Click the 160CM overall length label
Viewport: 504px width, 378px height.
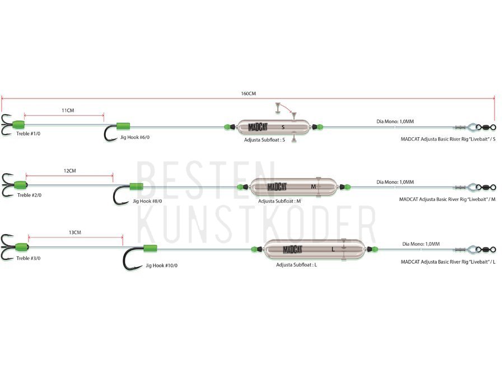click(249, 94)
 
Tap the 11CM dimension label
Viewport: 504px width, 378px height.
click(68, 110)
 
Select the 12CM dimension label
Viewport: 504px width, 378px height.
click(70, 171)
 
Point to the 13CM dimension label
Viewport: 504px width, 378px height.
click(75, 232)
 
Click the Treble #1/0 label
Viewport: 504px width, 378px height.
click(29, 134)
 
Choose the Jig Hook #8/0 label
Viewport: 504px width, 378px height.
click(147, 201)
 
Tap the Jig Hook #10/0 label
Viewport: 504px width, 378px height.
click(161, 265)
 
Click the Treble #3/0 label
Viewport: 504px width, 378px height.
click(29, 258)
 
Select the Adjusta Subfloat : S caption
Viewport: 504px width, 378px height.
click(264, 140)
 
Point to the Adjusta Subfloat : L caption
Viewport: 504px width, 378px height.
click(296, 265)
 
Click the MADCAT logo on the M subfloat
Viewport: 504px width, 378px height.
click(277, 186)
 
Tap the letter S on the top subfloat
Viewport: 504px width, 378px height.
click(283, 127)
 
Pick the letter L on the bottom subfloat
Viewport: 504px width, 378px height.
click(333, 249)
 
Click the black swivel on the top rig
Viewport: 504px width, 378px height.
click(486, 127)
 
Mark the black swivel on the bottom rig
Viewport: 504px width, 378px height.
click(486, 250)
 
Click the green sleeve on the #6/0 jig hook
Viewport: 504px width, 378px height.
click(123, 126)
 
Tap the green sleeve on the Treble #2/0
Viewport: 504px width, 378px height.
click(21, 185)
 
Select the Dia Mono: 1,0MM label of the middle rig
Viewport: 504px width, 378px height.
click(395, 182)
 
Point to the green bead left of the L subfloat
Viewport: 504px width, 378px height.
click(254, 249)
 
